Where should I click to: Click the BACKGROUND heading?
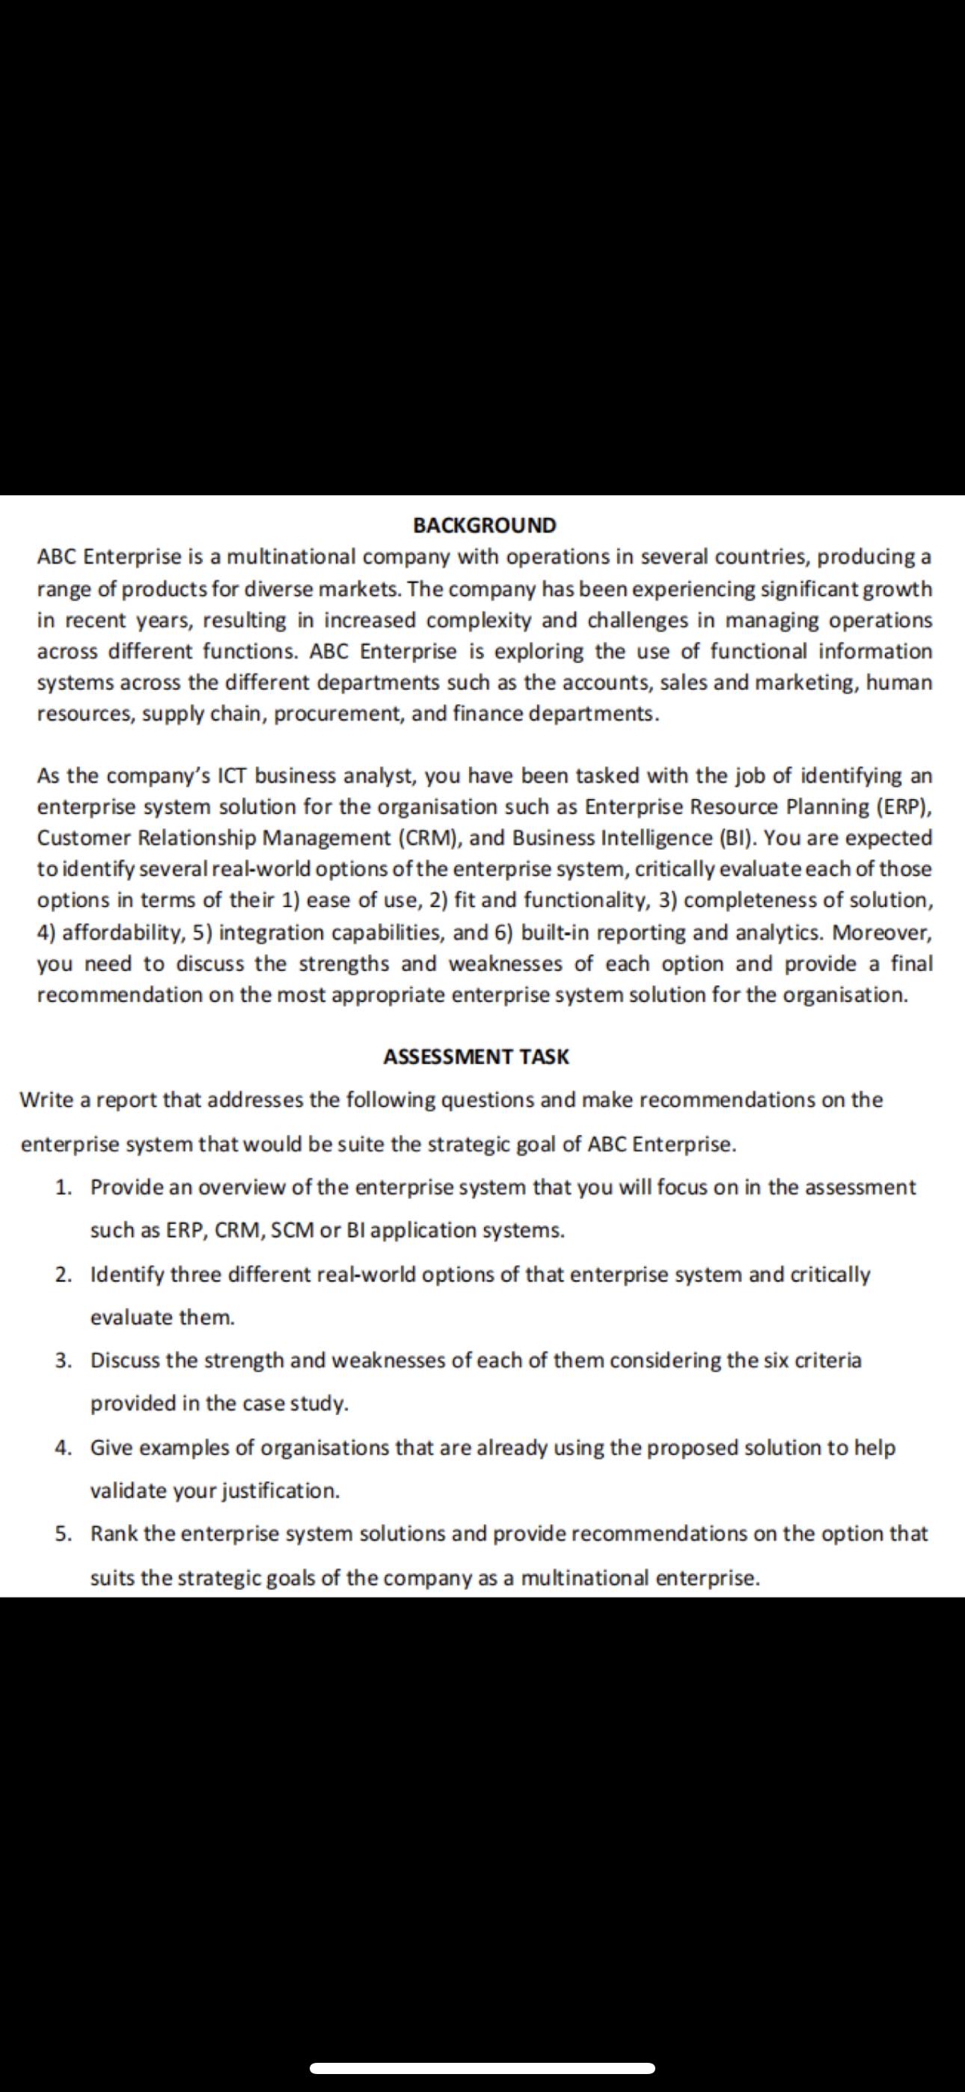484,525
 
